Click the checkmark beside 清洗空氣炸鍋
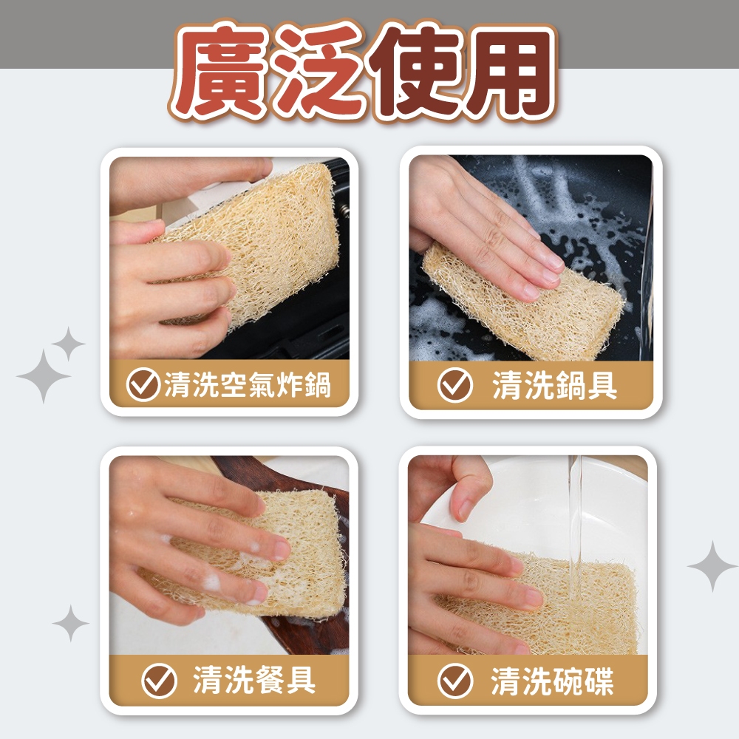pos(143,384)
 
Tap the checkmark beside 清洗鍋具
pos(454,384)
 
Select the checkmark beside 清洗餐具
pos(160,681)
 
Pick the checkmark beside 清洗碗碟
pos(455,681)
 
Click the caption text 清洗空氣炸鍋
pos(248,384)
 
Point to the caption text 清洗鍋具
pos(555,384)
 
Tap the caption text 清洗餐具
pos(254,680)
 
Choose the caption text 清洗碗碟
pos(552,681)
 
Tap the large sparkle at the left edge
pos(44,376)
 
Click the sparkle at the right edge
pos(712,566)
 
